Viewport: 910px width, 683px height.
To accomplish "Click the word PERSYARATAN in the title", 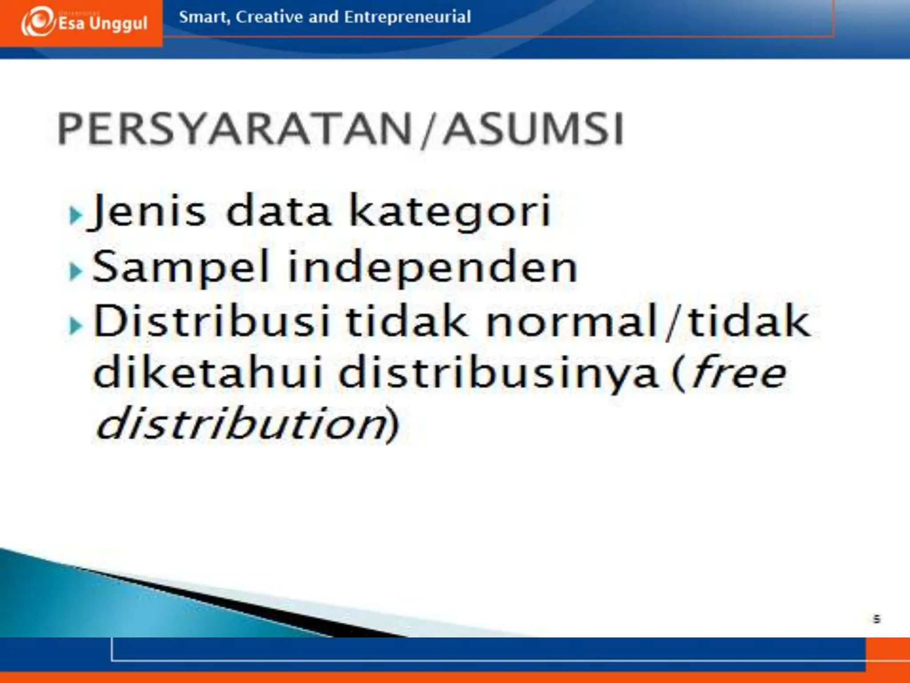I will [235, 129].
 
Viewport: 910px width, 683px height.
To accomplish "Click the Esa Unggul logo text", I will [103, 23].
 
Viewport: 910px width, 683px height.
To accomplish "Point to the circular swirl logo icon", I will [37, 21].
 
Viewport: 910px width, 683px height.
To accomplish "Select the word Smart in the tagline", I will [204, 17].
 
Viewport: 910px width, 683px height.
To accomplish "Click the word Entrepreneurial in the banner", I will [407, 17].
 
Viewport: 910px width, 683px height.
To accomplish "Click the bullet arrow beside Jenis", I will [76, 216].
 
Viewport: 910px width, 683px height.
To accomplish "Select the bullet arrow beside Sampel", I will [76, 271].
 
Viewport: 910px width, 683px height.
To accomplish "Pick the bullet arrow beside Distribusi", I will [76, 326].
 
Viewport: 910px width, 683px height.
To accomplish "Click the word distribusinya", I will [498, 374].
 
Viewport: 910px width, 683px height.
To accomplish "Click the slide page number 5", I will [876, 619].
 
